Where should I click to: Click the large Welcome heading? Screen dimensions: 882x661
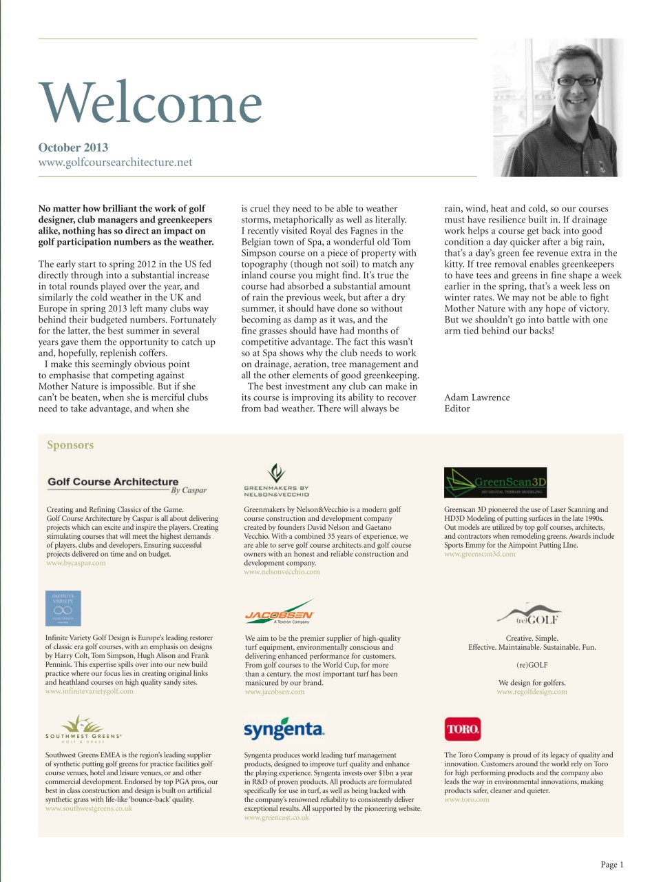(150, 103)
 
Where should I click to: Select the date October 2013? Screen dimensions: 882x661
(73, 147)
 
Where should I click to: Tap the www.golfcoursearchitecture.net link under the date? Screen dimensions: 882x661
(115, 163)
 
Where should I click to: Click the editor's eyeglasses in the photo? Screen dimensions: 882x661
(576, 81)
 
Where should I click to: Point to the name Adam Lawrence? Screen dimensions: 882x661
(477, 398)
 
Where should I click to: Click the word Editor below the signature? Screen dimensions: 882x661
(457, 409)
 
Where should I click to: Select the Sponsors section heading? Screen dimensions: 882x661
(70, 445)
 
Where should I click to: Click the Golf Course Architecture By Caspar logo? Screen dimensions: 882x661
(127, 485)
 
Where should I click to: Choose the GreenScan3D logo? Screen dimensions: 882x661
(496, 482)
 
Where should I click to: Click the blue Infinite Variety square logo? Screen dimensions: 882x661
(63, 608)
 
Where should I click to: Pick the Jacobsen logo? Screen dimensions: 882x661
(280, 613)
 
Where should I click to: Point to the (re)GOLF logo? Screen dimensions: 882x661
(528, 615)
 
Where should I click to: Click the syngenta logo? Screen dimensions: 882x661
(284, 729)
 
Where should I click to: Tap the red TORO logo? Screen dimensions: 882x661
(463, 729)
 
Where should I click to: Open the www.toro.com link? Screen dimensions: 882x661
(467, 800)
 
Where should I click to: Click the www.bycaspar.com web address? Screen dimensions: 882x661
(76, 563)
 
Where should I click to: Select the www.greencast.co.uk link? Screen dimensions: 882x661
(277, 818)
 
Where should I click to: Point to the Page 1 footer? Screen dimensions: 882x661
(611, 865)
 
